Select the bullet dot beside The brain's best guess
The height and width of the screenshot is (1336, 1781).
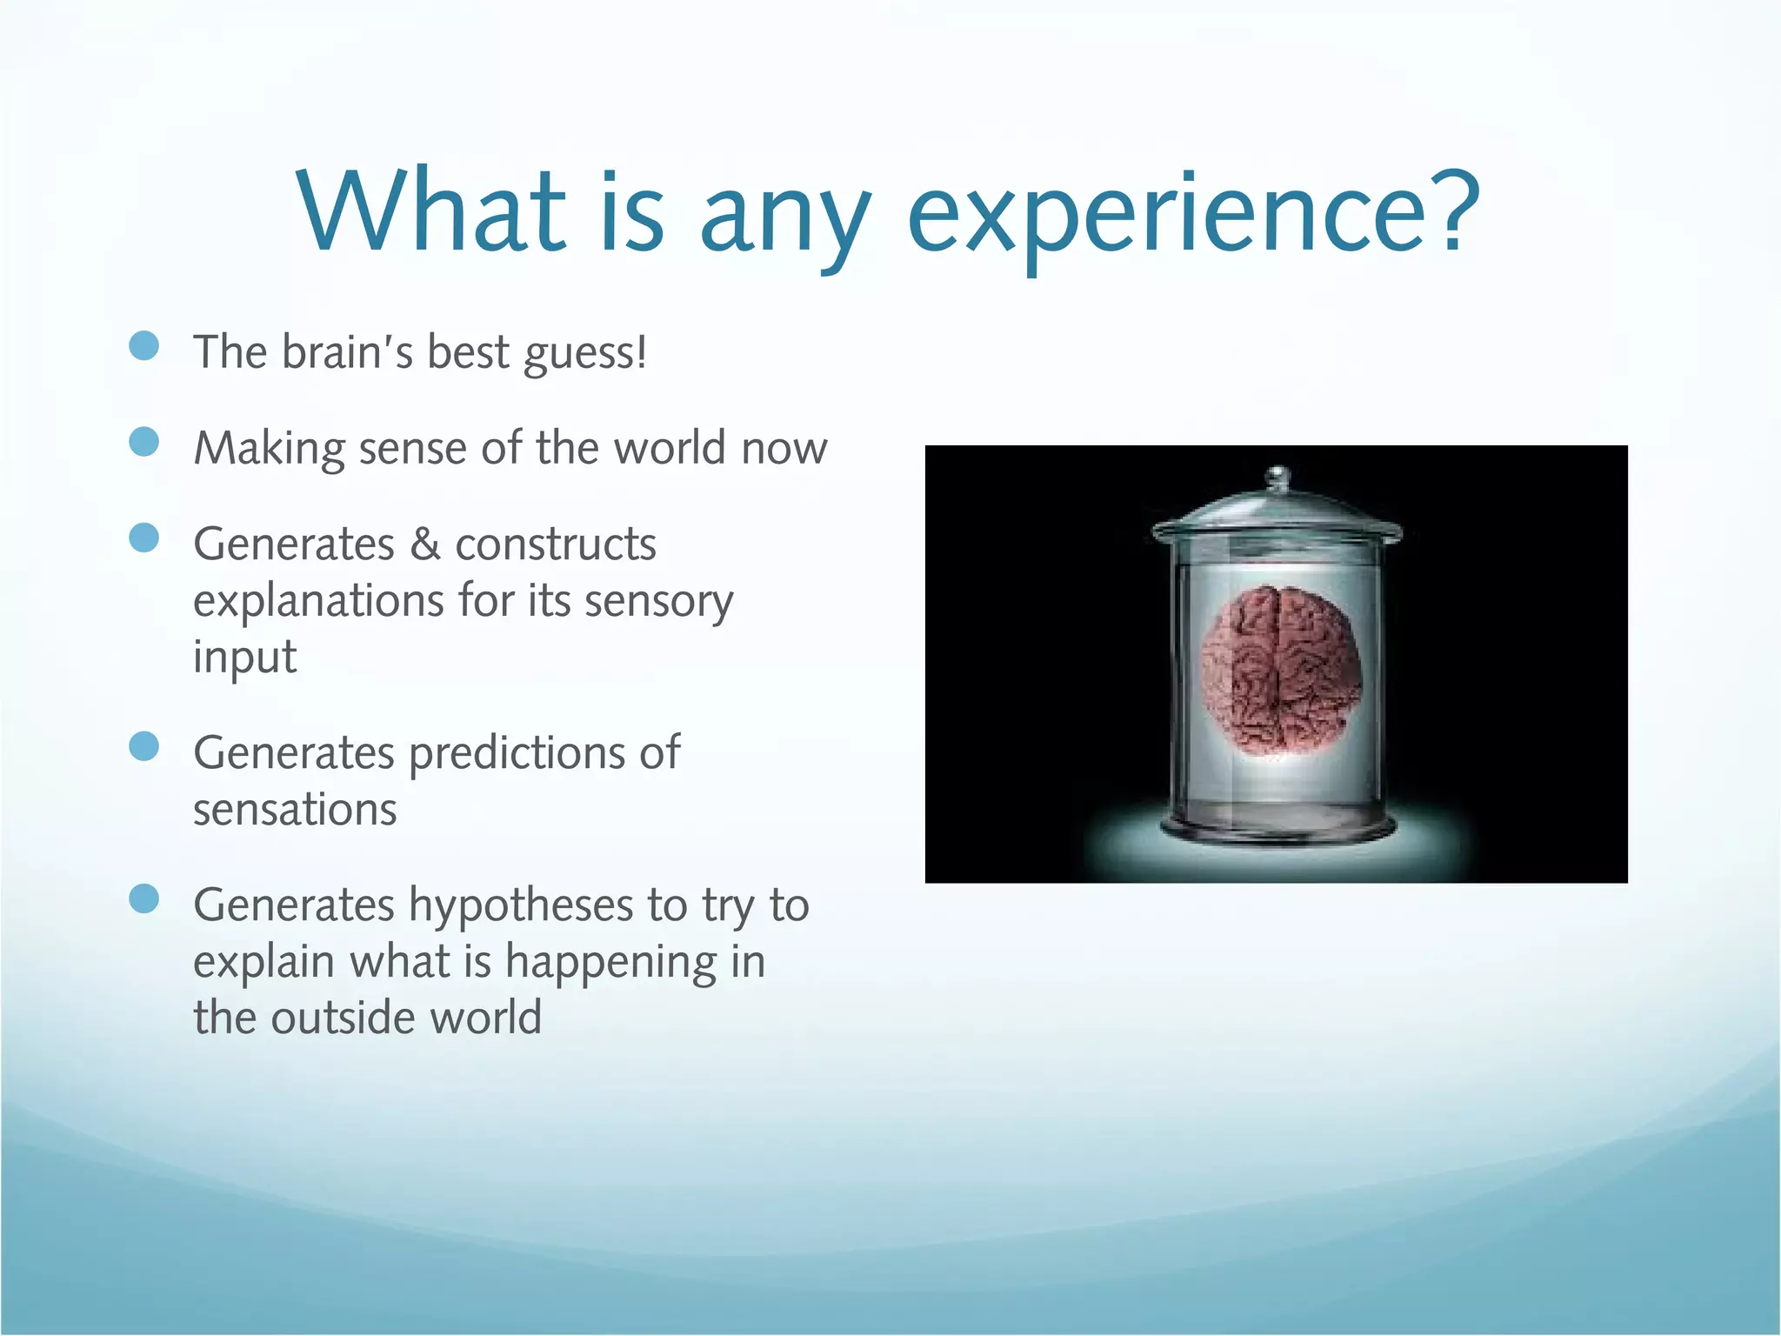click(x=143, y=345)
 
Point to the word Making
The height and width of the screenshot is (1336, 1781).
click(x=269, y=450)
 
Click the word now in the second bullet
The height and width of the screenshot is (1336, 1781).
click(x=784, y=450)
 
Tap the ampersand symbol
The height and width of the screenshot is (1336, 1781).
click(x=425, y=544)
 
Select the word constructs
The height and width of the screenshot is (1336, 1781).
click(x=556, y=545)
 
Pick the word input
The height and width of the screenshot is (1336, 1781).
click(x=244, y=658)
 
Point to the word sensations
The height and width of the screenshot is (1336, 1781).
click(x=295, y=811)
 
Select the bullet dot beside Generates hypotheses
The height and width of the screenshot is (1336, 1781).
click(x=143, y=899)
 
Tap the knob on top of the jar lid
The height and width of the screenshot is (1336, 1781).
click(x=1277, y=477)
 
